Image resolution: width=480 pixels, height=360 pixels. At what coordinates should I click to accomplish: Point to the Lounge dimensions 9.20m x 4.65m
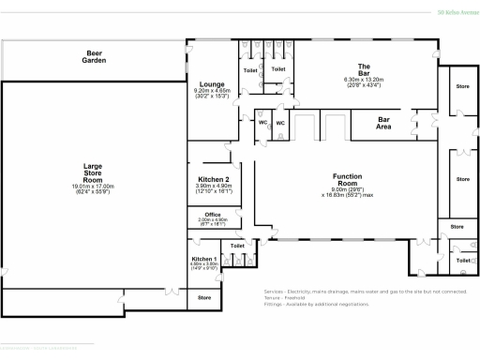[212, 90]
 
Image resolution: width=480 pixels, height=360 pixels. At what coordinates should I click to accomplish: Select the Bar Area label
[384, 123]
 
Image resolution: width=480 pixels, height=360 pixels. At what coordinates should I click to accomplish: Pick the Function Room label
[347, 176]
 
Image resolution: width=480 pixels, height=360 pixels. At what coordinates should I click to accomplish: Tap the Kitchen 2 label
[214, 179]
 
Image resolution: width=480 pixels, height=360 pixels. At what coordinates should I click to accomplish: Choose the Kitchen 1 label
[204, 258]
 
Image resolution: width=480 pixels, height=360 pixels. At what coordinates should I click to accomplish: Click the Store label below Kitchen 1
[204, 298]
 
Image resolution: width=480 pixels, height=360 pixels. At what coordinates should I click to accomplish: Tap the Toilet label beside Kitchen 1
[238, 246]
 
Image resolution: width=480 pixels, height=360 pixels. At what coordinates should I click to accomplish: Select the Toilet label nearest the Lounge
[250, 70]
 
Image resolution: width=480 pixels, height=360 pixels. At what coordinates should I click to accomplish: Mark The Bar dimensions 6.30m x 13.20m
[365, 80]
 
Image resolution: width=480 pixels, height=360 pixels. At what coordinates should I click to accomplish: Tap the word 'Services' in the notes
[275, 291]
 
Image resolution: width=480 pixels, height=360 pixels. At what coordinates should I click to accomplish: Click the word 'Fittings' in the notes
[274, 304]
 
